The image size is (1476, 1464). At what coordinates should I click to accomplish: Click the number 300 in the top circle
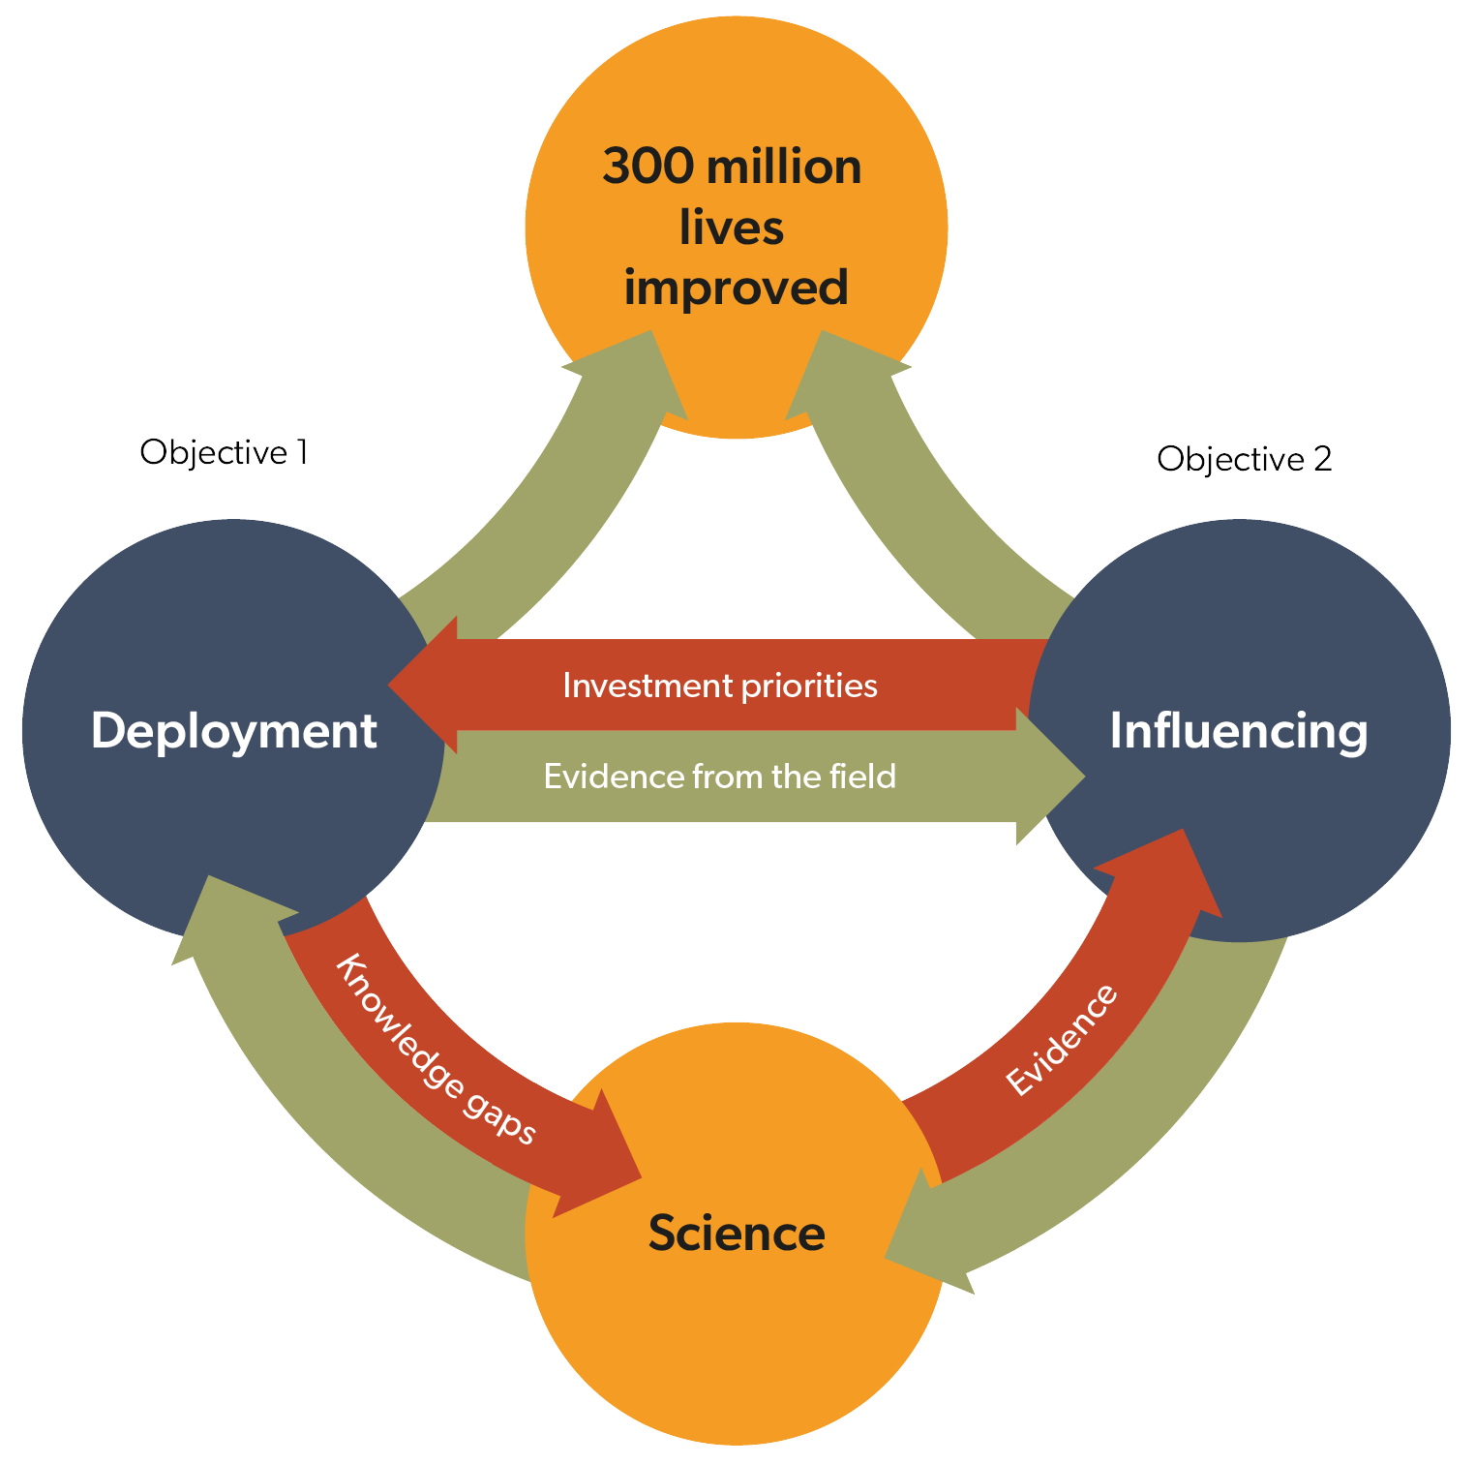coord(646,168)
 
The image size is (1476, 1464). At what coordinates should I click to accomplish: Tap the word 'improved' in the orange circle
coord(736,288)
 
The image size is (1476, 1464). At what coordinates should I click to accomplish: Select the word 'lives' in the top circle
coord(732,228)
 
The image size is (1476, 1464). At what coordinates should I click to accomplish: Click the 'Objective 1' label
coord(224,452)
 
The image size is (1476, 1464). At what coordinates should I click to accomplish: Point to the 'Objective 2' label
coord(1244,459)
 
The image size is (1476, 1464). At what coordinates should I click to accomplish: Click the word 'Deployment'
coord(233,731)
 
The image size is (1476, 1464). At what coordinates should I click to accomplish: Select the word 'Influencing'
coord(1238,731)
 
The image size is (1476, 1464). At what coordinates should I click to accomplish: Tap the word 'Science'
coord(737,1234)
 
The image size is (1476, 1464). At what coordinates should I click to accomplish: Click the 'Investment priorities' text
coord(720,686)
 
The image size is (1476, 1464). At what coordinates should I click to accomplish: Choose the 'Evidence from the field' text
coord(720,777)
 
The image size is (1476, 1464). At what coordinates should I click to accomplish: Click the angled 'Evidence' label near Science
coord(1062,1041)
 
